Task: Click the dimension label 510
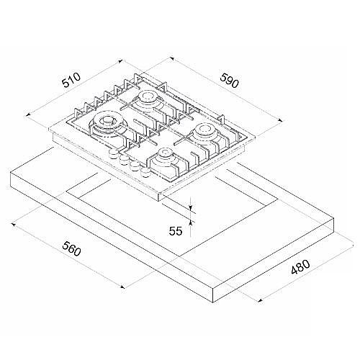coord(71,80)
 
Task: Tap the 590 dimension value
coord(230,81)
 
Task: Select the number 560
coord(71,248)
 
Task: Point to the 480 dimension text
coord(300,266)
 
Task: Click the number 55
coord(176,231)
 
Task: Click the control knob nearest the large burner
coord(113,153)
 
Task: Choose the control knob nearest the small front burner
coord(145,171)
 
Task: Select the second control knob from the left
coord(124,159)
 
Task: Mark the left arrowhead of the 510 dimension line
coord(28,114)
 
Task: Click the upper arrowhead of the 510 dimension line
coord(120,61)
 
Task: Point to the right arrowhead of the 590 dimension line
coord(280,120)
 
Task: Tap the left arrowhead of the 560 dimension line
coord(14,225)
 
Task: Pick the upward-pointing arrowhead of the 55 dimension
coord(190,223)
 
